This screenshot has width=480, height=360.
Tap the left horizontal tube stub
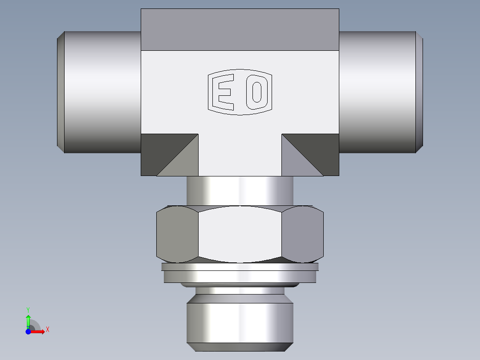point(102,92)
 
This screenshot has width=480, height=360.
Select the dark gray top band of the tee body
point(240,29)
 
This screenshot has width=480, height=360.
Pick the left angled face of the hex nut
point(177,233)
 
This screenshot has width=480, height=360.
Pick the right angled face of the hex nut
point(303,233)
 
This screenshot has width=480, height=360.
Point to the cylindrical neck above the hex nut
point(240,190)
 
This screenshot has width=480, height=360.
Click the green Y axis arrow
point(28,319)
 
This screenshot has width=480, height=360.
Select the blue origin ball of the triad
point(28,331)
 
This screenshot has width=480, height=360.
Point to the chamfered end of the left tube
point(61,92)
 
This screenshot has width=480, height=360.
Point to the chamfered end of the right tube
point(419,92)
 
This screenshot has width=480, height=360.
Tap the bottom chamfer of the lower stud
point(240,347)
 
